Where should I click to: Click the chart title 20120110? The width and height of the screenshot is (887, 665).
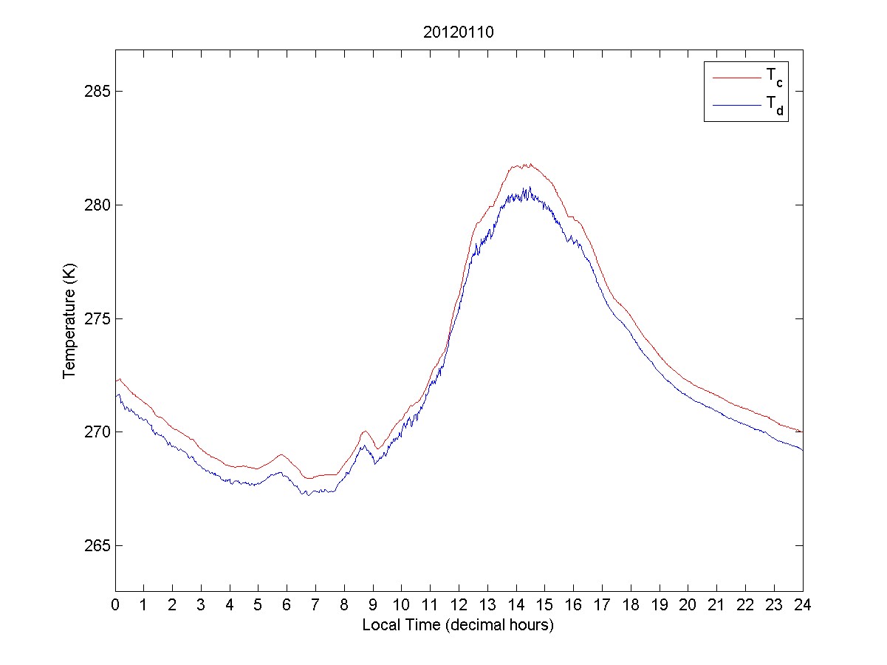[x=458, y=33]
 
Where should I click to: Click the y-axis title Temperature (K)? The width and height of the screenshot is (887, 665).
[x=69, y=320]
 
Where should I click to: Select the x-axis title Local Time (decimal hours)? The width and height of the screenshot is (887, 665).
[x=458, y=625]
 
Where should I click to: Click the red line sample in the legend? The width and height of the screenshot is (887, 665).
[x=736, y=77]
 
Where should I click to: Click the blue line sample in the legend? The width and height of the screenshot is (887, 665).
[x=736, y=106]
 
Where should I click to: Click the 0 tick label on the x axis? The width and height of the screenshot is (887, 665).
[x=115, y=604]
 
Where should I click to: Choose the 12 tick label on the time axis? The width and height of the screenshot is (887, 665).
[x=459, y=604]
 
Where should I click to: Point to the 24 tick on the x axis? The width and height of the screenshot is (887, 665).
[x=803, y=604]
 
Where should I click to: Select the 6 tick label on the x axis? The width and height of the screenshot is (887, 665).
[x=287, y=604]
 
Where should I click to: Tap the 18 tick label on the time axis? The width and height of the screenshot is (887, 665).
[x=631, y=604]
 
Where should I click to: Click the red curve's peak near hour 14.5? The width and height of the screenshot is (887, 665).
[x=529, y=164]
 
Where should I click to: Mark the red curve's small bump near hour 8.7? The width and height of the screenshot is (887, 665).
[x=365, y=431]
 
